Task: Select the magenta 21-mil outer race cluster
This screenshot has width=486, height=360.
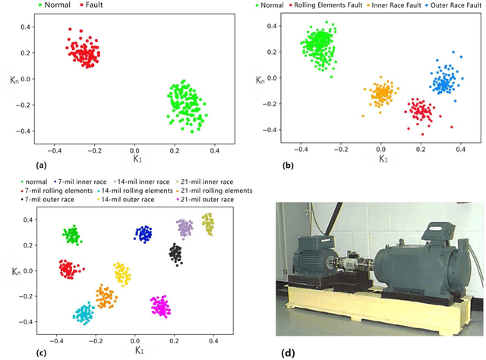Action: [160, 306]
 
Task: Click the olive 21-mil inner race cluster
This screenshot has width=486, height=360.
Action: [207, 223]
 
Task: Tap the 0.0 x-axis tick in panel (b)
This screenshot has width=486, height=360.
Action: [380, 150]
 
